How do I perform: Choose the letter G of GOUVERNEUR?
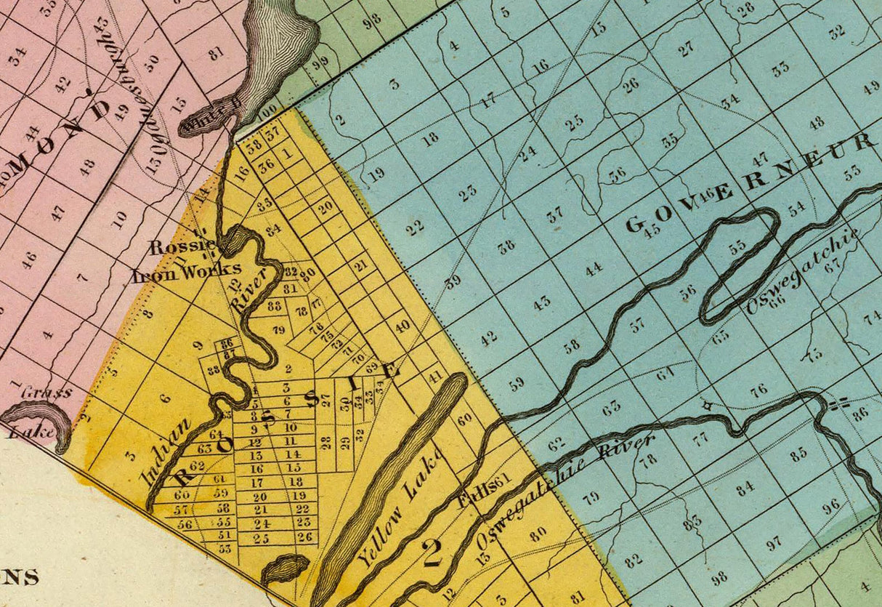(635, 226)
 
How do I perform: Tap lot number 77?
(700, 439)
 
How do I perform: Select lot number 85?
(799, 454)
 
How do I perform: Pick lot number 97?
(774, 542)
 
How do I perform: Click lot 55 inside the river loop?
(738, 245)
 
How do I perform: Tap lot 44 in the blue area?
(594, 269)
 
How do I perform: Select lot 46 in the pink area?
(28, 260)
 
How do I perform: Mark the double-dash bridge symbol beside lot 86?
(840, 401)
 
